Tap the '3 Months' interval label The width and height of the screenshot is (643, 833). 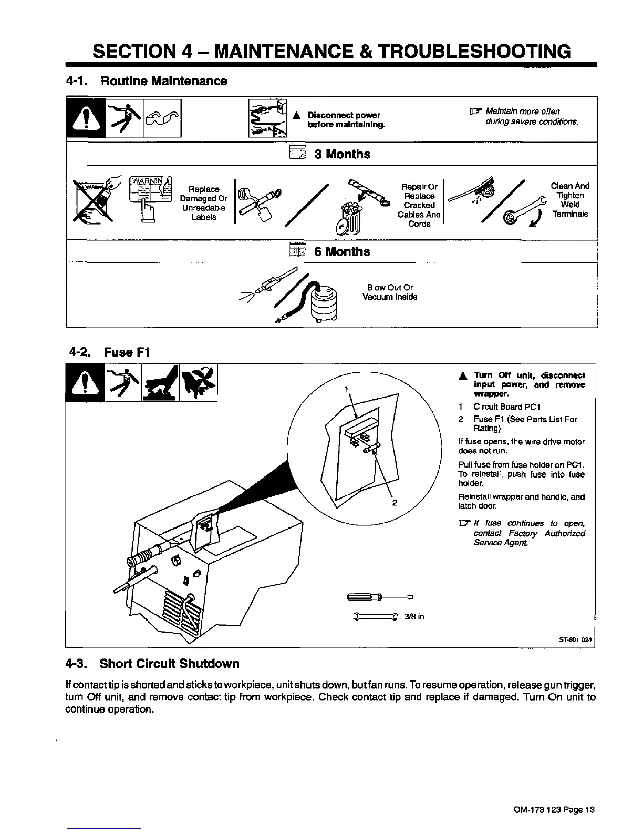point(342,154)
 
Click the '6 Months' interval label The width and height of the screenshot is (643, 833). point(341,251)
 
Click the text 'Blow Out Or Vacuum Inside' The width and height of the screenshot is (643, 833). point(390,292)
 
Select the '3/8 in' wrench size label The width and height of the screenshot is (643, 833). point(414,616)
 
